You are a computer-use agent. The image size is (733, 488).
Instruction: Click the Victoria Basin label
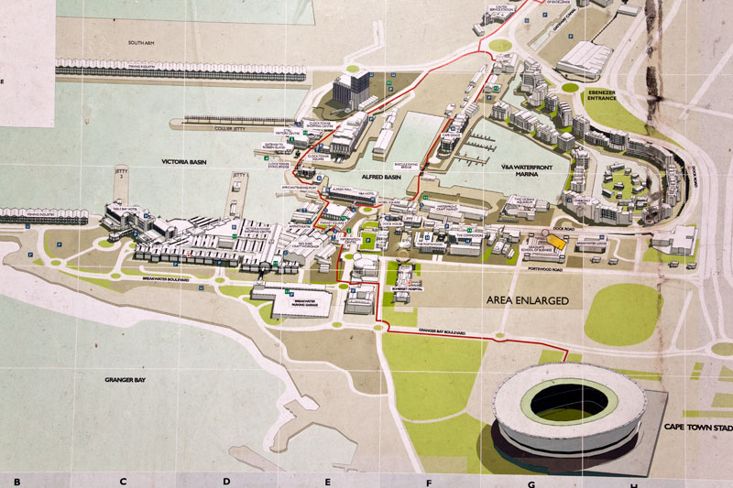[189, 161]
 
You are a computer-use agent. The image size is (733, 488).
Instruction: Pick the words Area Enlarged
[527, 300]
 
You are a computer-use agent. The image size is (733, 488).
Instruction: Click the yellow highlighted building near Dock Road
[559, 242]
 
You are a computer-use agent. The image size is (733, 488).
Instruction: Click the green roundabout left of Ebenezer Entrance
[570, 88]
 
